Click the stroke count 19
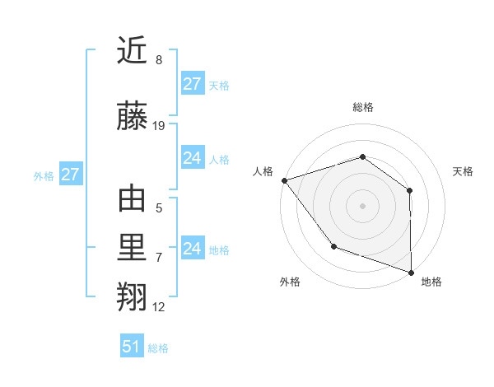coord(159,126)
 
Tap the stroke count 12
coord(159,307)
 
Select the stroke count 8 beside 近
coord(159,60)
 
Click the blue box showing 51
coord(132,347)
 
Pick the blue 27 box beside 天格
coord(192,83)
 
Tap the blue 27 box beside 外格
coord(70,175)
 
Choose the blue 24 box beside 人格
coord(192,158)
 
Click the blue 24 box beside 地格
coord(192,248)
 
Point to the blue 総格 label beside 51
coord(158,348)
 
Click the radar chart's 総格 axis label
coord(362,107)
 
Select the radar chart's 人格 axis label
coord(263,171)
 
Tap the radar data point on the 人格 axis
coord(284,180)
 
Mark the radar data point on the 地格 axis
coord(411,272)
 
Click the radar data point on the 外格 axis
coord(333,245)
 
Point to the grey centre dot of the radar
coord(362,205)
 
